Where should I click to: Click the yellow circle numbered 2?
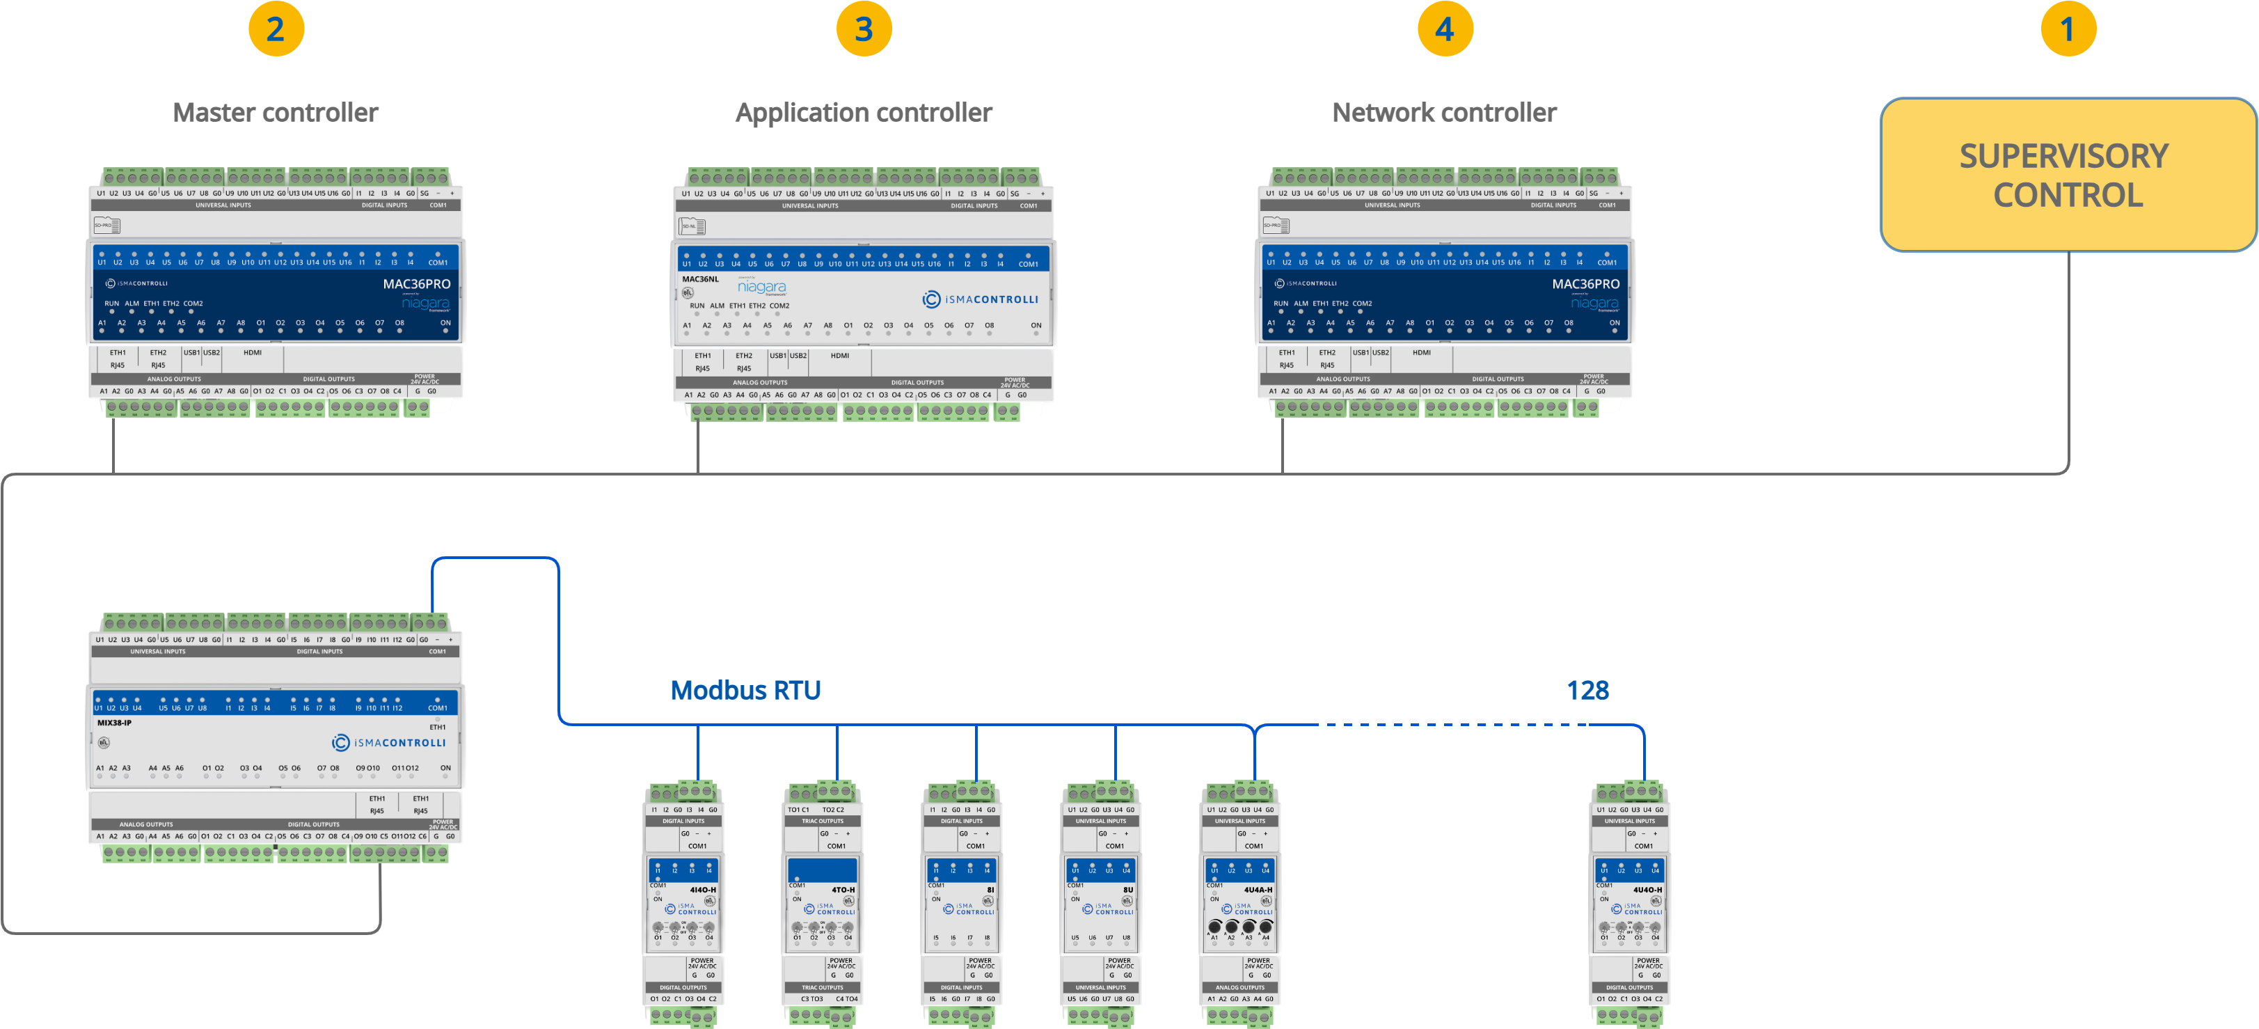[x=276, y=29]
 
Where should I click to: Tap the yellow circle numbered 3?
[x=864, y=29]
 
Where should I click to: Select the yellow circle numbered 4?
[x=1445, y=29]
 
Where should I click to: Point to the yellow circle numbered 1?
[x=2068, y=29]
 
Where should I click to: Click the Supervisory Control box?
[x=2067, y=175]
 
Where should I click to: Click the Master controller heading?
[x=276, y=112]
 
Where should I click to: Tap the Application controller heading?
[x=864, y=112]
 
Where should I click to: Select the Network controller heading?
[x=1444, y=112]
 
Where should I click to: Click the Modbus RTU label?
[x=745, y=691]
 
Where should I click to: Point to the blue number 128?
[x=1587, y=691]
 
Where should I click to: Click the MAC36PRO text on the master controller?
[x=417, y=284]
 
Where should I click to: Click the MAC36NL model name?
[x=700, y=280]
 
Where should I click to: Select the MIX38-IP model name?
[x=114, y=723]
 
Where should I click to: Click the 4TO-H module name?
[x=843, y=890]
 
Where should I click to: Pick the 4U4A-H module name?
[x=1258, y=890]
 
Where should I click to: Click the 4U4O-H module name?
[x=1648, y=890]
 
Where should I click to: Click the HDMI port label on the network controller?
[x=1422, y=353]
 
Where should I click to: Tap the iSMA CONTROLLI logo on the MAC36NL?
[x=981, y=299]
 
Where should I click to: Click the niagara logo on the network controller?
[x=1594, y=304]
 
